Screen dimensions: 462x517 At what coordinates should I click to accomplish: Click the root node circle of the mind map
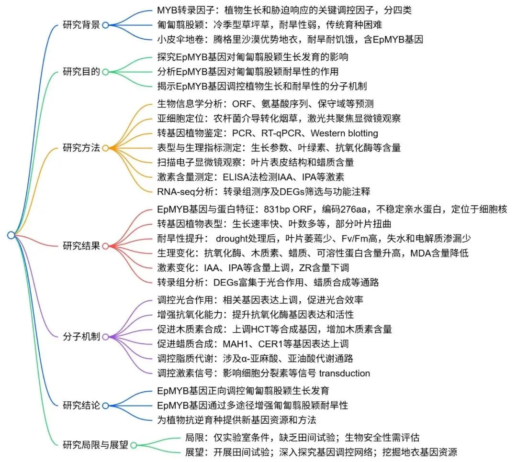click(11, 235)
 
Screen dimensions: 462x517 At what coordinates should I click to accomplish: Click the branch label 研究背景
click(81, 25)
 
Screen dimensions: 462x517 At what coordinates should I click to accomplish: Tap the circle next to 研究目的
click(105, 72)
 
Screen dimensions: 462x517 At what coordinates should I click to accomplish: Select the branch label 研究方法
click(81, 148)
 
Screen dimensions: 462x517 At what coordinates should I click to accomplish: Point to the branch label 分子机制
click(81, 336)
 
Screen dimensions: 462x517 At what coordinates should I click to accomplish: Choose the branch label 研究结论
click(81, 406)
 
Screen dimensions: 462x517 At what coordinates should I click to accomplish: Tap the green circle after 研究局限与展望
click(134, 445)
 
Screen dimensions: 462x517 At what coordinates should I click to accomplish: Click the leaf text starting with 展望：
click(321, 451)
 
